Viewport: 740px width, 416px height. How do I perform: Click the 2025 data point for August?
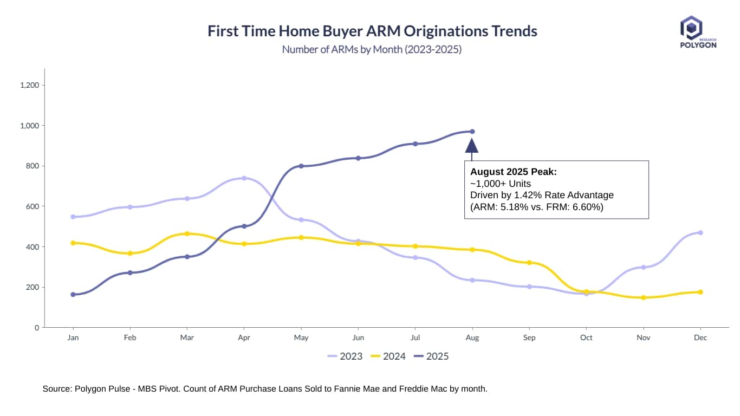472,131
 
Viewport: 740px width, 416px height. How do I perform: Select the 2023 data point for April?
244,178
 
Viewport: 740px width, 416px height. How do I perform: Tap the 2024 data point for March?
187,233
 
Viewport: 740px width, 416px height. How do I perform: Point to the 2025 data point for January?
73,294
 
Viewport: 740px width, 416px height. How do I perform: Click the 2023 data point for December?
700,232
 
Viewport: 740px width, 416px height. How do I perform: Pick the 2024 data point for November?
643,297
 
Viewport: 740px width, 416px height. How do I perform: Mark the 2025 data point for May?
301,166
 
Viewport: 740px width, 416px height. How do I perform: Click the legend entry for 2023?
345,356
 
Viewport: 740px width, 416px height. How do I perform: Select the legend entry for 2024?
388,356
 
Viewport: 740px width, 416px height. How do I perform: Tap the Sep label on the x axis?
529,337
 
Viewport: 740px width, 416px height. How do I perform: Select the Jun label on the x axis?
358,337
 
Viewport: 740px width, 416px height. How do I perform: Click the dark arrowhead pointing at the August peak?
472,145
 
